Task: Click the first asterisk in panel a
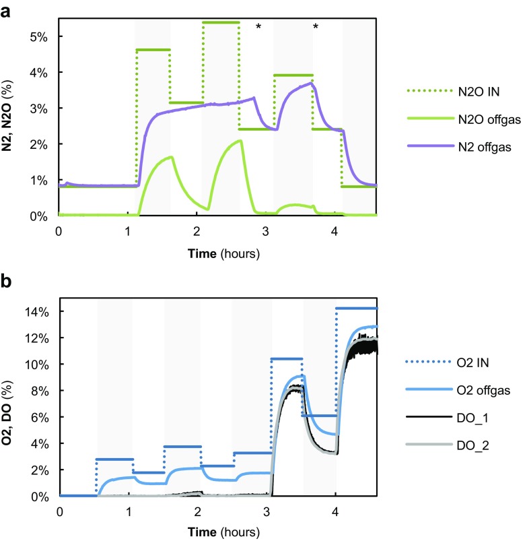click(x=258, y=28)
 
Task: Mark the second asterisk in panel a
click(x=315, y=28)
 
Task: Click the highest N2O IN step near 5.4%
click(x=221, y=22)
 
